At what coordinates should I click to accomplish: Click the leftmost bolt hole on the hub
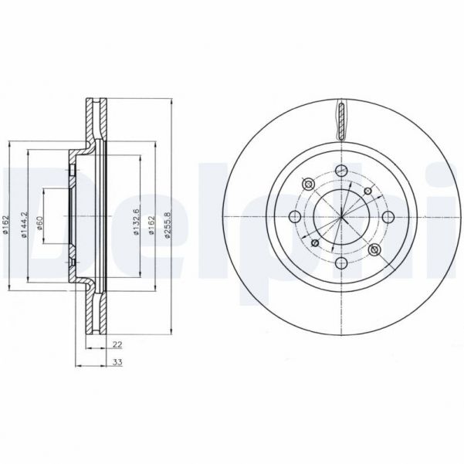click(295, 217)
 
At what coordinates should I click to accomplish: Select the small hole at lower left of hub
click(314, 243)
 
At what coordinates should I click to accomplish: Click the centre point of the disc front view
click(340, 217)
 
